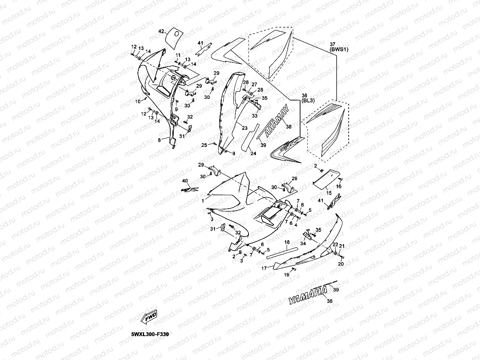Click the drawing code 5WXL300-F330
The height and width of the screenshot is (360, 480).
tap(150, 334)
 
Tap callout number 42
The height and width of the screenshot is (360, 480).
tap(161, 31)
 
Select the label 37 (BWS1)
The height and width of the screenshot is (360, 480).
tap(339, 47)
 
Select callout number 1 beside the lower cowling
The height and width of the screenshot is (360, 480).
tap(203, 200)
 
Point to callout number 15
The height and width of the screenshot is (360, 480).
tap(329, 192)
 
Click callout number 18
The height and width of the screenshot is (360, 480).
tap(287, 242)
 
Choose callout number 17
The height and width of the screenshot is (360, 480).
tap(264, 268)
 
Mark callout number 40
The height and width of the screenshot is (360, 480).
tap(185, 181)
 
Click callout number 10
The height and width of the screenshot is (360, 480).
tap(138, 102)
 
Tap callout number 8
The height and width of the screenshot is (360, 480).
tap(159, 141)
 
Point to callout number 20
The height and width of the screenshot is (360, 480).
tap(341, 264)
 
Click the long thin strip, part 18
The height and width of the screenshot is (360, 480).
tap(282, 253)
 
